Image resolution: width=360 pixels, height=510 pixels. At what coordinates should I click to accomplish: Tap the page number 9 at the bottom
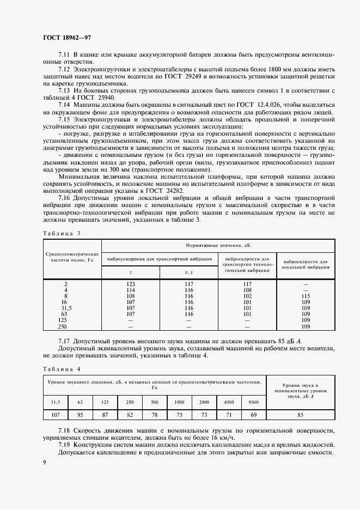pos(44,462)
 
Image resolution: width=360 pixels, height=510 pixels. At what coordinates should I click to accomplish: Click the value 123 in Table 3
pos(131,284)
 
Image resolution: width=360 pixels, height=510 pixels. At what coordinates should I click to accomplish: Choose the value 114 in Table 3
pos(131,290)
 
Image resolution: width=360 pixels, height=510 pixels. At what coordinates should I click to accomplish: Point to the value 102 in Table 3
pos(247,296)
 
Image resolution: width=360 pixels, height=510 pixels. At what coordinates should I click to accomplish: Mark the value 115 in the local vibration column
pos(306,296)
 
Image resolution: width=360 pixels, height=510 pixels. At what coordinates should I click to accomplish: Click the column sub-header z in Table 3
pos(131,272)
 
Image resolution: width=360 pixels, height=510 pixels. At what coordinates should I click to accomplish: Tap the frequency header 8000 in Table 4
pos(253,402)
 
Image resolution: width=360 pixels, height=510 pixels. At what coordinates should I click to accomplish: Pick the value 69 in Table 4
pos(253,415)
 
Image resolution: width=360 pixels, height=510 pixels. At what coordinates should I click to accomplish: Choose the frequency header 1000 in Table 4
pos(179,402)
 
